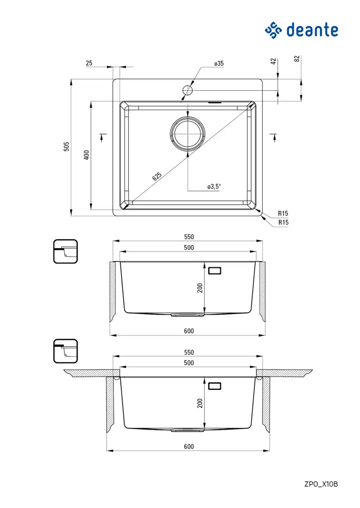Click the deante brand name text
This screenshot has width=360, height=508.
click(313, 30)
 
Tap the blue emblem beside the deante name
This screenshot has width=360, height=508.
click(274, 30)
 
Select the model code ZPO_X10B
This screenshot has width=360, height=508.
click(321, 484)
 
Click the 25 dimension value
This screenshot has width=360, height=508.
click(89, 63)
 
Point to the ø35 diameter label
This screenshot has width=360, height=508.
click(219, 63)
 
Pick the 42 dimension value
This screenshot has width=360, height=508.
click(273, 61)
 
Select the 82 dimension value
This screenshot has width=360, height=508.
click(297, 59)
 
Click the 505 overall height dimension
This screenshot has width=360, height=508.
click(67, 147)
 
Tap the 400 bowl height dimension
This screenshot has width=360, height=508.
click(86, 155)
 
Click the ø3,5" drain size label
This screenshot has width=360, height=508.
click(214, 187)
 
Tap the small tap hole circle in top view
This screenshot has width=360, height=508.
click(188, 90)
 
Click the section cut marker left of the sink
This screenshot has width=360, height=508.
click(103, 137)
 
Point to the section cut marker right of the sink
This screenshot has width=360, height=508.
click(273, 137)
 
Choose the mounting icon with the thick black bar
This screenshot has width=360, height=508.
click(66, 351)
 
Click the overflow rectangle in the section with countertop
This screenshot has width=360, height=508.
click(215, 385)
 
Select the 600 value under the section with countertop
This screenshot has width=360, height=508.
click(189, 446)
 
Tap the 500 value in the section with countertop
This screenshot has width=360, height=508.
click(189, 363)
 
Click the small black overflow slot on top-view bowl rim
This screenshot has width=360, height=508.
click(215, 103)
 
